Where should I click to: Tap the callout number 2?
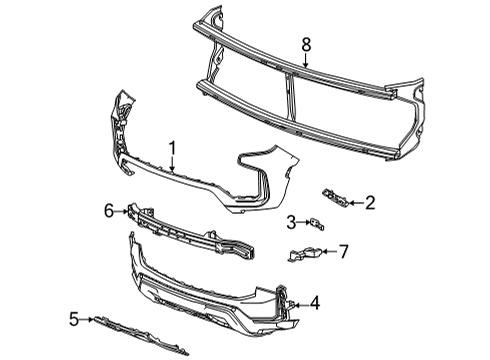369,203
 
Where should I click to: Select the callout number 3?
291,222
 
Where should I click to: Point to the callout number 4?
315,301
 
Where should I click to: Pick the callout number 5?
73,320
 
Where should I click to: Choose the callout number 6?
108,209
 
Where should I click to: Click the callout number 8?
307,44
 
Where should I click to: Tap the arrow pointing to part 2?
354,202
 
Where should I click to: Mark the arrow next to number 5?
87,320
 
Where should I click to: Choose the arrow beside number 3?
303,222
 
